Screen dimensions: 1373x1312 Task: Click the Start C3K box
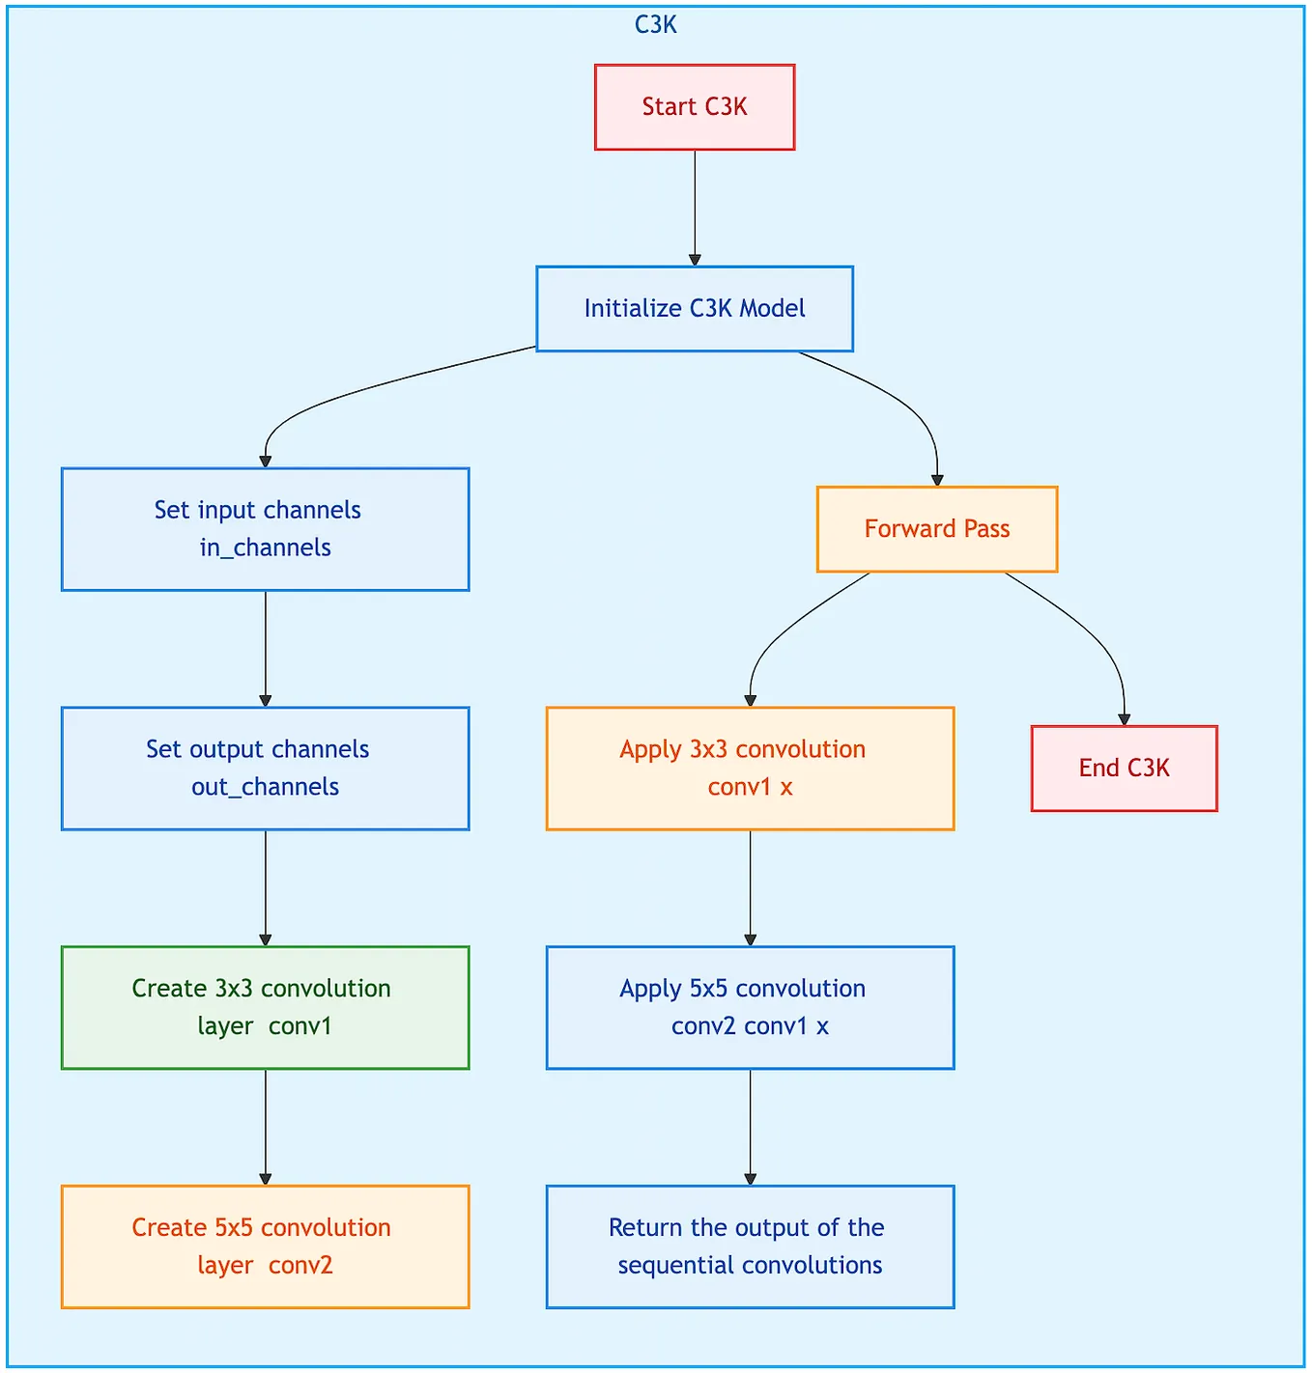pyautogui.click(x=694, y=107)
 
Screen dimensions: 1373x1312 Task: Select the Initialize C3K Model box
pyautogui.click(x=694, y=309)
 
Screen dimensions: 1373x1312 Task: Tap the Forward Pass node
pyautogui.click(x=936, y=529)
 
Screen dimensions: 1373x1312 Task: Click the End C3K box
pyautogui.click(x=1124, y=769)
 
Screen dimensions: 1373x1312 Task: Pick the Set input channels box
pyautogui.click(x=265, y=529)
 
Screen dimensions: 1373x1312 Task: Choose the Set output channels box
pyautogui.click(x=265, y=769)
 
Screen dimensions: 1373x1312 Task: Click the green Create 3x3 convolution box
pyautogui.click(x=265, y=1007)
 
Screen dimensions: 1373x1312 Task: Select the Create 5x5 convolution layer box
pyautogui.click(x=265, y=1247)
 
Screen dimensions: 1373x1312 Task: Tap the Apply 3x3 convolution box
pyautogui.click(x=750, y=769)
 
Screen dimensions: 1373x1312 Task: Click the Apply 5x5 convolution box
pyautogui.click(x=750, y=1007)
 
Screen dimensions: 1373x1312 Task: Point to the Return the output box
pyautogui.click(x=750, y=1247)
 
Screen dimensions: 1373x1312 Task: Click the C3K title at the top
pyautogui.click(x=655, y=25)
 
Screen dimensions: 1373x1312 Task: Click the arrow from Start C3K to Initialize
pyautogui.click(x=694, y=208)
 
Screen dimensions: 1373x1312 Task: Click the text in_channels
pyautogui.click(x=265, y=547)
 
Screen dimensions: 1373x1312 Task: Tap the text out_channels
pyautogui.click(x=265, y=787)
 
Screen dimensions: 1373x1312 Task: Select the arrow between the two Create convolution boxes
pyautogui.click(x=265, y=1127)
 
